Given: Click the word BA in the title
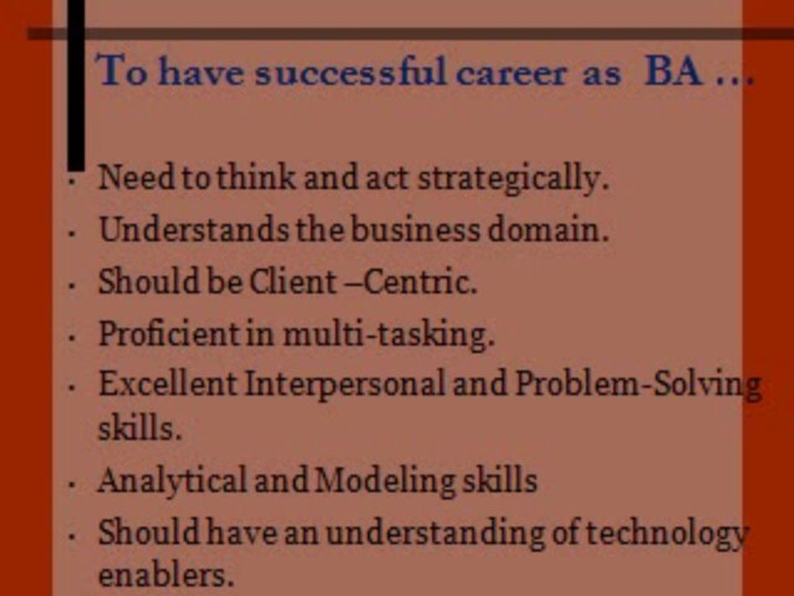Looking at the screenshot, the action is (673, 71).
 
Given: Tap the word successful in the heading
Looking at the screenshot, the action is (351, 71).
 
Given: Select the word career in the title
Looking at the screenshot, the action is (511, 74).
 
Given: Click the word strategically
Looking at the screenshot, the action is (514, 179).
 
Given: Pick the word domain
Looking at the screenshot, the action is (548, 229).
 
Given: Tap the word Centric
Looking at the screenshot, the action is (420, 281).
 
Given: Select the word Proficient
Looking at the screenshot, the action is (170, 334).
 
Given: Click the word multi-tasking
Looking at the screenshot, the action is (389, 335).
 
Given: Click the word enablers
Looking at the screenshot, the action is (166, 576).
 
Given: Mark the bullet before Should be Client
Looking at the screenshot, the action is (72, 286).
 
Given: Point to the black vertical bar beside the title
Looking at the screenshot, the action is (76, 85).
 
